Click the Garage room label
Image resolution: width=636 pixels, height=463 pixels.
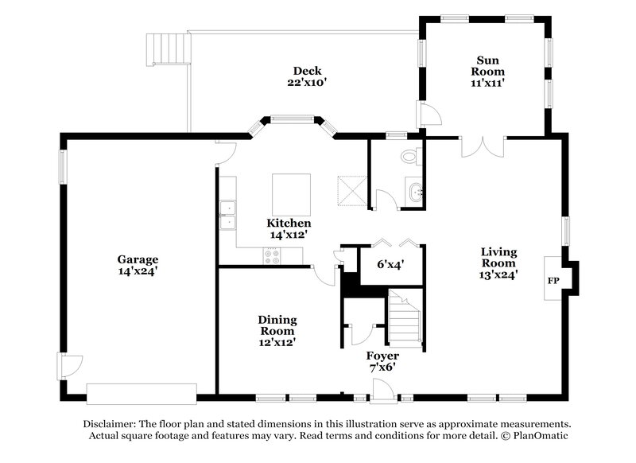138,265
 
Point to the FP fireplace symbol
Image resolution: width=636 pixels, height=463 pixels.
553,281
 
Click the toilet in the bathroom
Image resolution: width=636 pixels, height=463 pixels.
410,156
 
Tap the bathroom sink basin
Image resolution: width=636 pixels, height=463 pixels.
414,192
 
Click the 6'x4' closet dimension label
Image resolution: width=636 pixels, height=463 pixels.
391,265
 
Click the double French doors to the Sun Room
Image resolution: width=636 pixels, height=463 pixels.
482,146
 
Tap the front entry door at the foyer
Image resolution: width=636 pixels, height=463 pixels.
382,389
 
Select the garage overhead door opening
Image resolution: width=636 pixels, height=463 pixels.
141,393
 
